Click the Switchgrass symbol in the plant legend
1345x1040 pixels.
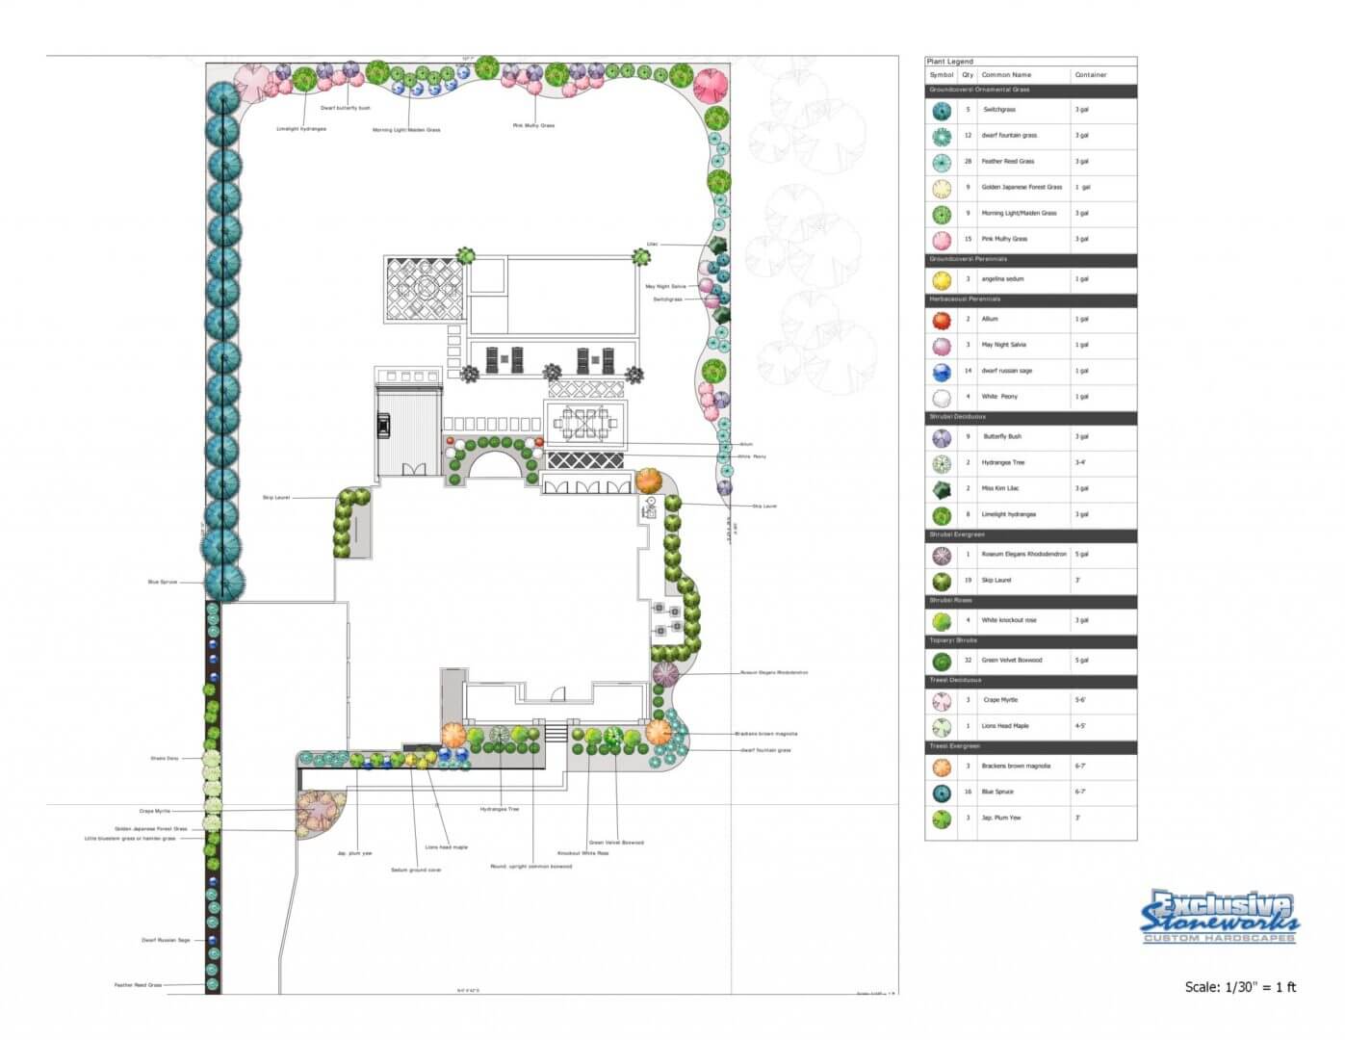(x=942, y=111)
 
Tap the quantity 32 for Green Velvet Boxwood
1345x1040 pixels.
(x=968, y=661)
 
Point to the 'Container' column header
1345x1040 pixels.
(x=1091, y=75)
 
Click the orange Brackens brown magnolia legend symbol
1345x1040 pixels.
(x=942, y=767)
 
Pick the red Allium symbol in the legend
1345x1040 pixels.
(x=942, y=320)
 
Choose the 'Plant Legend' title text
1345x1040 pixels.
(x=950, y=62)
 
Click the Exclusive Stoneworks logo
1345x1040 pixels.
(x=1219, y=917)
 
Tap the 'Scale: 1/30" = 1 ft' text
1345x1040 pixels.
(x=1240, y=987)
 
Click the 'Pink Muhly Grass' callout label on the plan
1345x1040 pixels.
(x=533, y=125)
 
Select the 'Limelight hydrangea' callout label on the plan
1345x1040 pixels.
(x=301, y=129)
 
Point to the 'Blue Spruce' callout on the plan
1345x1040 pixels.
(x=163, y=583)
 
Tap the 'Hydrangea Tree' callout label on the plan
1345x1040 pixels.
(x=500, y=810)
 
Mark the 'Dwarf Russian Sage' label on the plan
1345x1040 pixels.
(x=166, y=941)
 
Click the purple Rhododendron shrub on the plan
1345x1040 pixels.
(x=665, y=673)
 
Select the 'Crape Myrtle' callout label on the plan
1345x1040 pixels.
(x=154, y=812)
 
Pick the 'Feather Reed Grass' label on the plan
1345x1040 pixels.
(x=138, y=985)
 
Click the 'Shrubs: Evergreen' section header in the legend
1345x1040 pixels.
(x=957, y=534)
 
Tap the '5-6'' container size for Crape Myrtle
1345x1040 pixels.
(x=1080, y=700)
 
